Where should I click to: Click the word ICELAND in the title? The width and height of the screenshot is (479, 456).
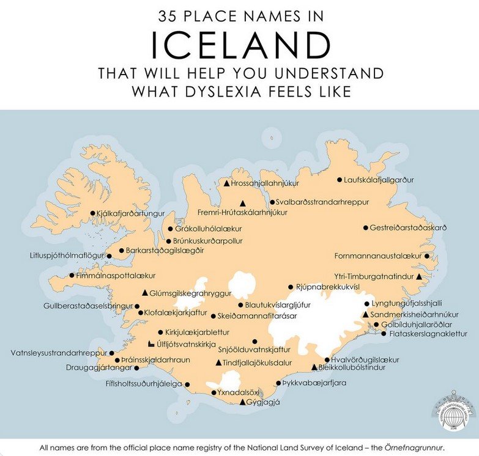[x=240, y=44]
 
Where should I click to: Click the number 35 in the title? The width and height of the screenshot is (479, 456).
[x=169, y=16]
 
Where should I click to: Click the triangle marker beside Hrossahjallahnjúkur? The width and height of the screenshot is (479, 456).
[x=226, y=183]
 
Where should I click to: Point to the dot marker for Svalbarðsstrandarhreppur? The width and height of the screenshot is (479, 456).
[x=273, y=202]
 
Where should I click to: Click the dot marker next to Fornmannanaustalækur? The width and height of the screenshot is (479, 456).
[x=427, y=256]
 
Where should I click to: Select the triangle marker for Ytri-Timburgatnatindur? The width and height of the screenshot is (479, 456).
[x=419, y=277]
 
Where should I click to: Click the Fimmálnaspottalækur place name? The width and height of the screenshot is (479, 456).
[x=116, y=276]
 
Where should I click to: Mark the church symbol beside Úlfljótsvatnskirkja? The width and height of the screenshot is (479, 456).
[x=151, y=344]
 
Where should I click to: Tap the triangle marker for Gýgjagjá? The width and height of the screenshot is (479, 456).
[x=243, y=402]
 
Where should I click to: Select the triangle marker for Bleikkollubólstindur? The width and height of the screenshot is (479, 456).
[x=314, y=368]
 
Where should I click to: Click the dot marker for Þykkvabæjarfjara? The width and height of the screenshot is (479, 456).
[x=278, y=383]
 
